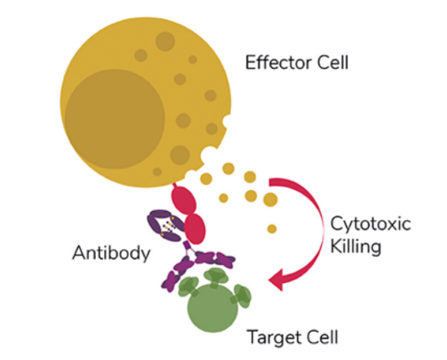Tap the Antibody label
[111, 253]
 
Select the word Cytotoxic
[371, 224]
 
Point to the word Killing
[356, 246]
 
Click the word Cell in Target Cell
[321, 337]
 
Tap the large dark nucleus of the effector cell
[115, 119]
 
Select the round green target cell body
[213, 308]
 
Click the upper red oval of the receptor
[184, 200]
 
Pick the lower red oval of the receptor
[195, 229]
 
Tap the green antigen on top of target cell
[216, 276]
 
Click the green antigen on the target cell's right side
[242, 296]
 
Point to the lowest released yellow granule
[272, 229]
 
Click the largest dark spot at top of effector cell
[165, 41]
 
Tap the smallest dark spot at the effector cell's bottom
[157, 171]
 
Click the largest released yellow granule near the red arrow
[270, 200]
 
